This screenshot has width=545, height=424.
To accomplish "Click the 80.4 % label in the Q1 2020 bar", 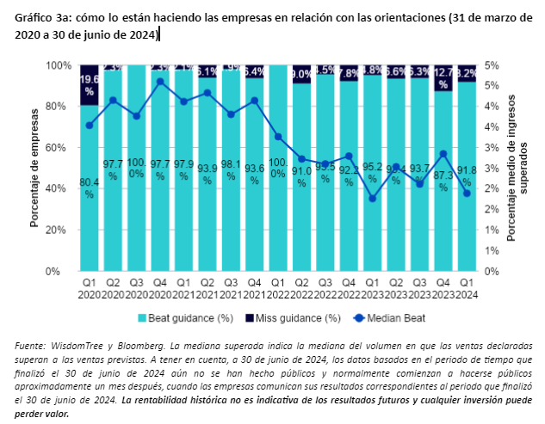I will [90, 187].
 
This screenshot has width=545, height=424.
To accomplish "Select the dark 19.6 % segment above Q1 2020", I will [90, 83].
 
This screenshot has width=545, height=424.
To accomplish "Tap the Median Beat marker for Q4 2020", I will [161, 82].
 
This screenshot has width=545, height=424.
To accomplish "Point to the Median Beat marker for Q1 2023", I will [372, 199].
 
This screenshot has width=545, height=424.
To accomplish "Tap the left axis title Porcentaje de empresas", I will [35, 168].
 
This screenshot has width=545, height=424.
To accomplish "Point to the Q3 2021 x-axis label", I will [231, 288].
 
